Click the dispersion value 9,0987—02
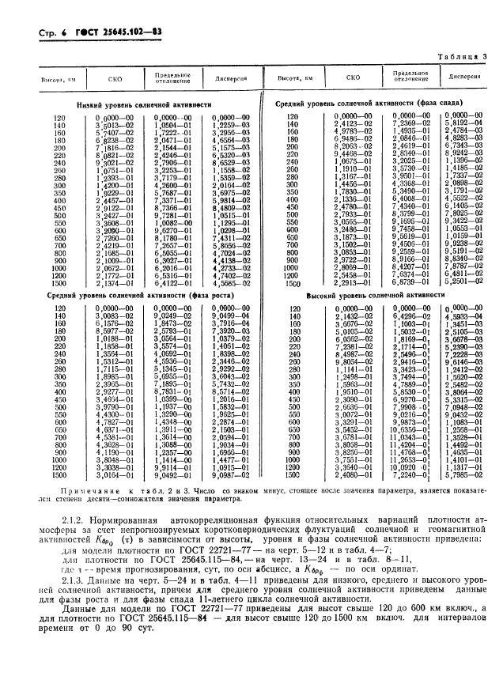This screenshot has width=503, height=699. click(x=229, y=477)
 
